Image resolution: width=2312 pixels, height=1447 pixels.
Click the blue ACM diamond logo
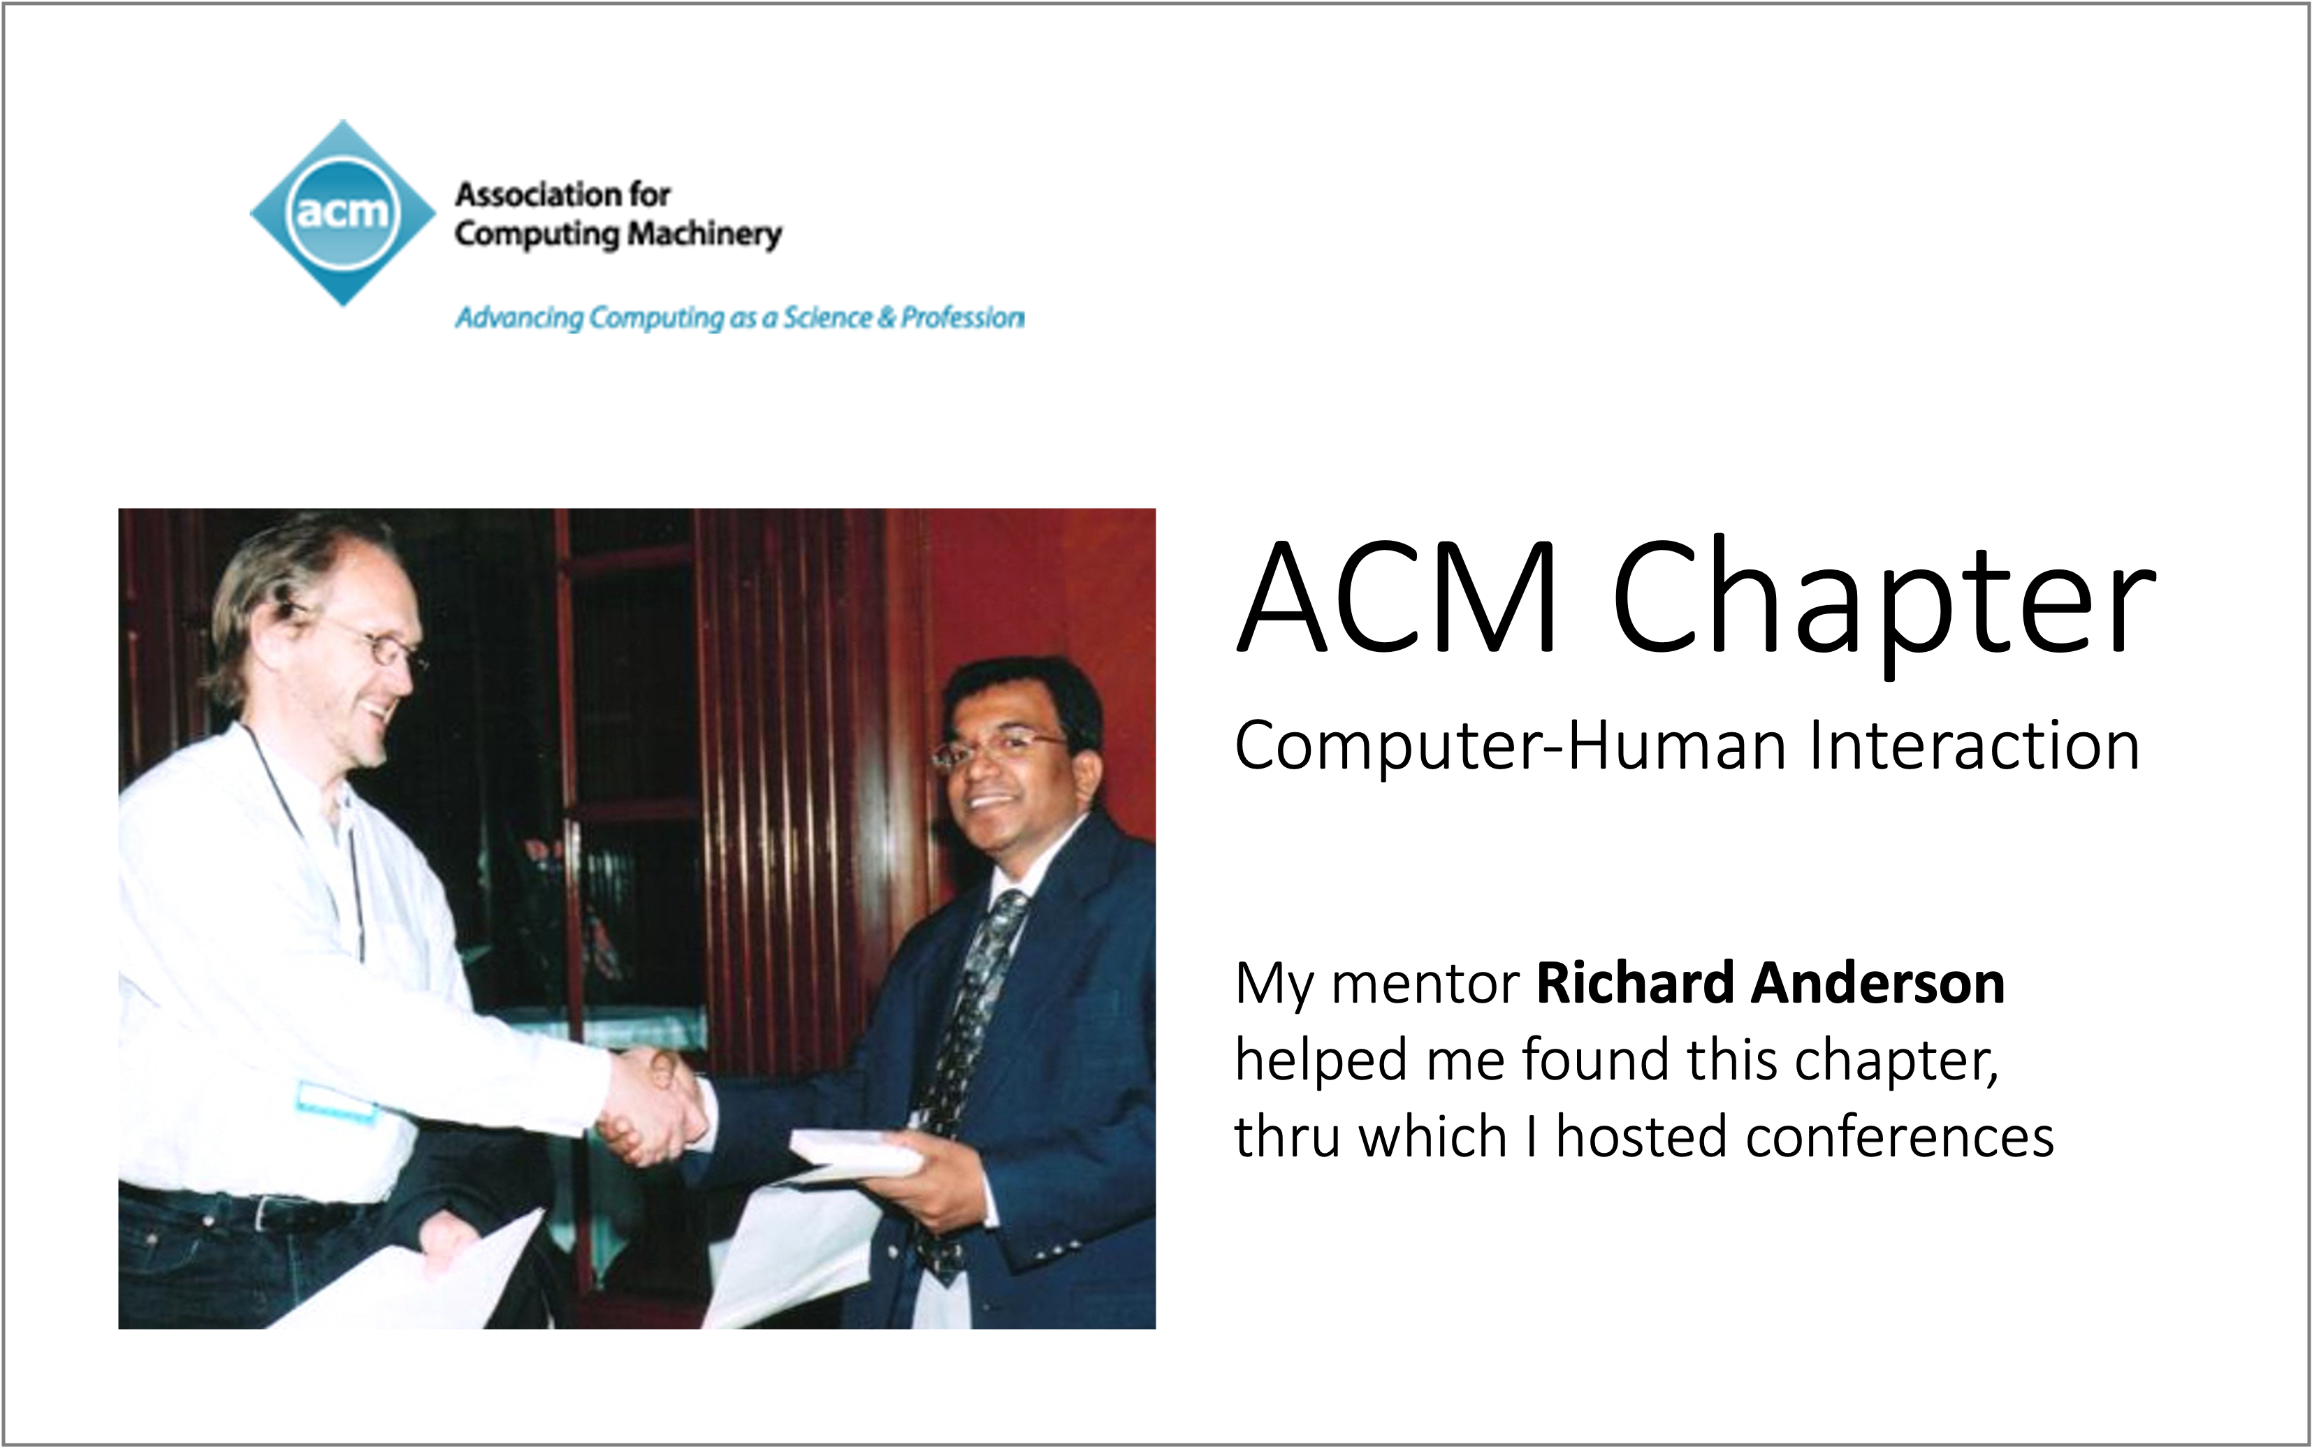(x=342, y=212)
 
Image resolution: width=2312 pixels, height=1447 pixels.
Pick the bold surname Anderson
(x=1877, y=983)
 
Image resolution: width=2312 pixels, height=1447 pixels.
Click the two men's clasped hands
(x=653, y=1105)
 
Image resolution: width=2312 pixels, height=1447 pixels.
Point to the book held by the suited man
(x=855, y=1153)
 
